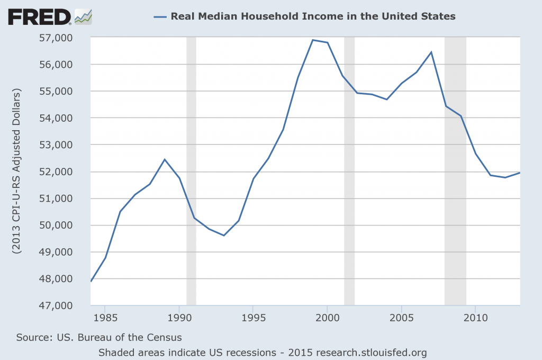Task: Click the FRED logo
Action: pos(39,17)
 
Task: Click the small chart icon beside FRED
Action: pos(83,17)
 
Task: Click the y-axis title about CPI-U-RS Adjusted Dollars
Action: pos(16,172)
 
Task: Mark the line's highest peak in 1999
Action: pos(312,40)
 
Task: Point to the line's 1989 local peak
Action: pos(165,159)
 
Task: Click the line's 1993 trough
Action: pos(224,235)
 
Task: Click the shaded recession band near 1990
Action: pos(191,169)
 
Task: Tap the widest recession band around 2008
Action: pos(455,169)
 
